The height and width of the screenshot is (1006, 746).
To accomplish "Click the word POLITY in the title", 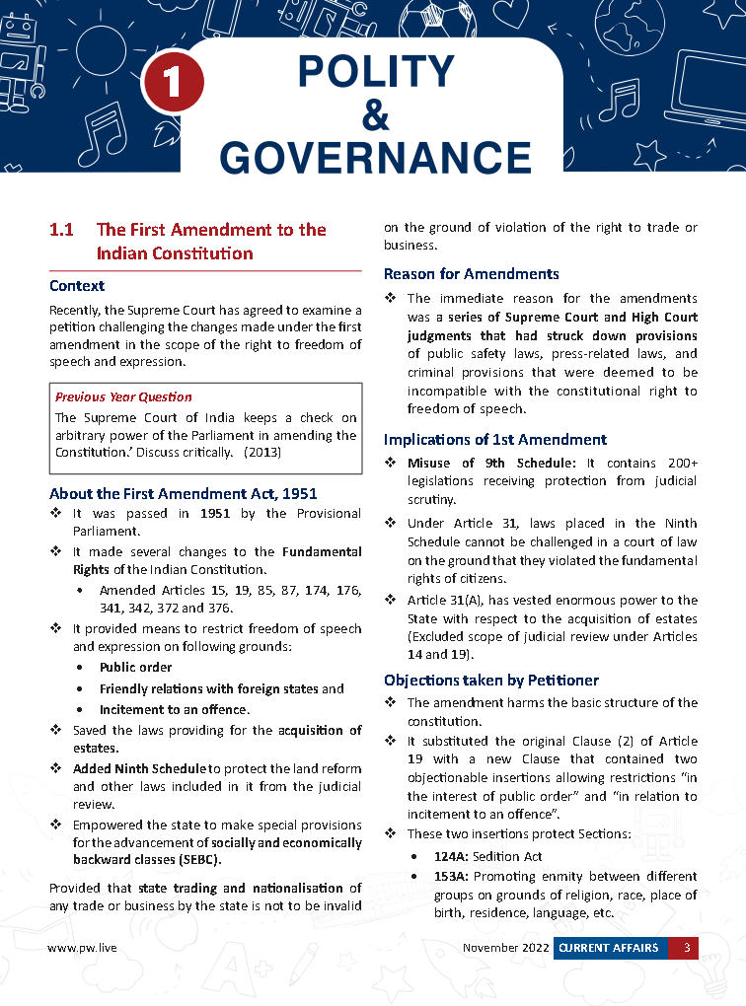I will pyautogui.click(x=375, y=72).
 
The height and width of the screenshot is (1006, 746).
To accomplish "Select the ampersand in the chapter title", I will pyautogui.click(x=376, y=115).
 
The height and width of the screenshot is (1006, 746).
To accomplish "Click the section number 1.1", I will pyautogui.click(x=62, y=230).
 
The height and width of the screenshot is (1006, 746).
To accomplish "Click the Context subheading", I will pyautogui.click(x=77, y=286).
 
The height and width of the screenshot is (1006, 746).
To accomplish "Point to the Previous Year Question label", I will pyautogui.click(x=123, y=396).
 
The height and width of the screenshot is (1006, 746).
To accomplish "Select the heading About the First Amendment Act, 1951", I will pyautogui.click(x=184, y=493).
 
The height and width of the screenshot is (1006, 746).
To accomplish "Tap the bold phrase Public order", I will pyautogui.click(x=136, y=668).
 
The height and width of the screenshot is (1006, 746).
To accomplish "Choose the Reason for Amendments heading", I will pyautogui.click(x=471, y=273).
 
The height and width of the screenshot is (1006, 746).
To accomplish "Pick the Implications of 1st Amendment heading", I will pyautogui.click(x=495, y=439).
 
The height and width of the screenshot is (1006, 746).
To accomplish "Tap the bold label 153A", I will pyautogui.click(x=452, y=875).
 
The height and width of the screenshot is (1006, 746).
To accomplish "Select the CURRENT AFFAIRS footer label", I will pyautogui.click(x=608, y=948).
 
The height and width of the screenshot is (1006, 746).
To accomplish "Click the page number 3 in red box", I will pyautogui.click(x=685, y=948).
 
